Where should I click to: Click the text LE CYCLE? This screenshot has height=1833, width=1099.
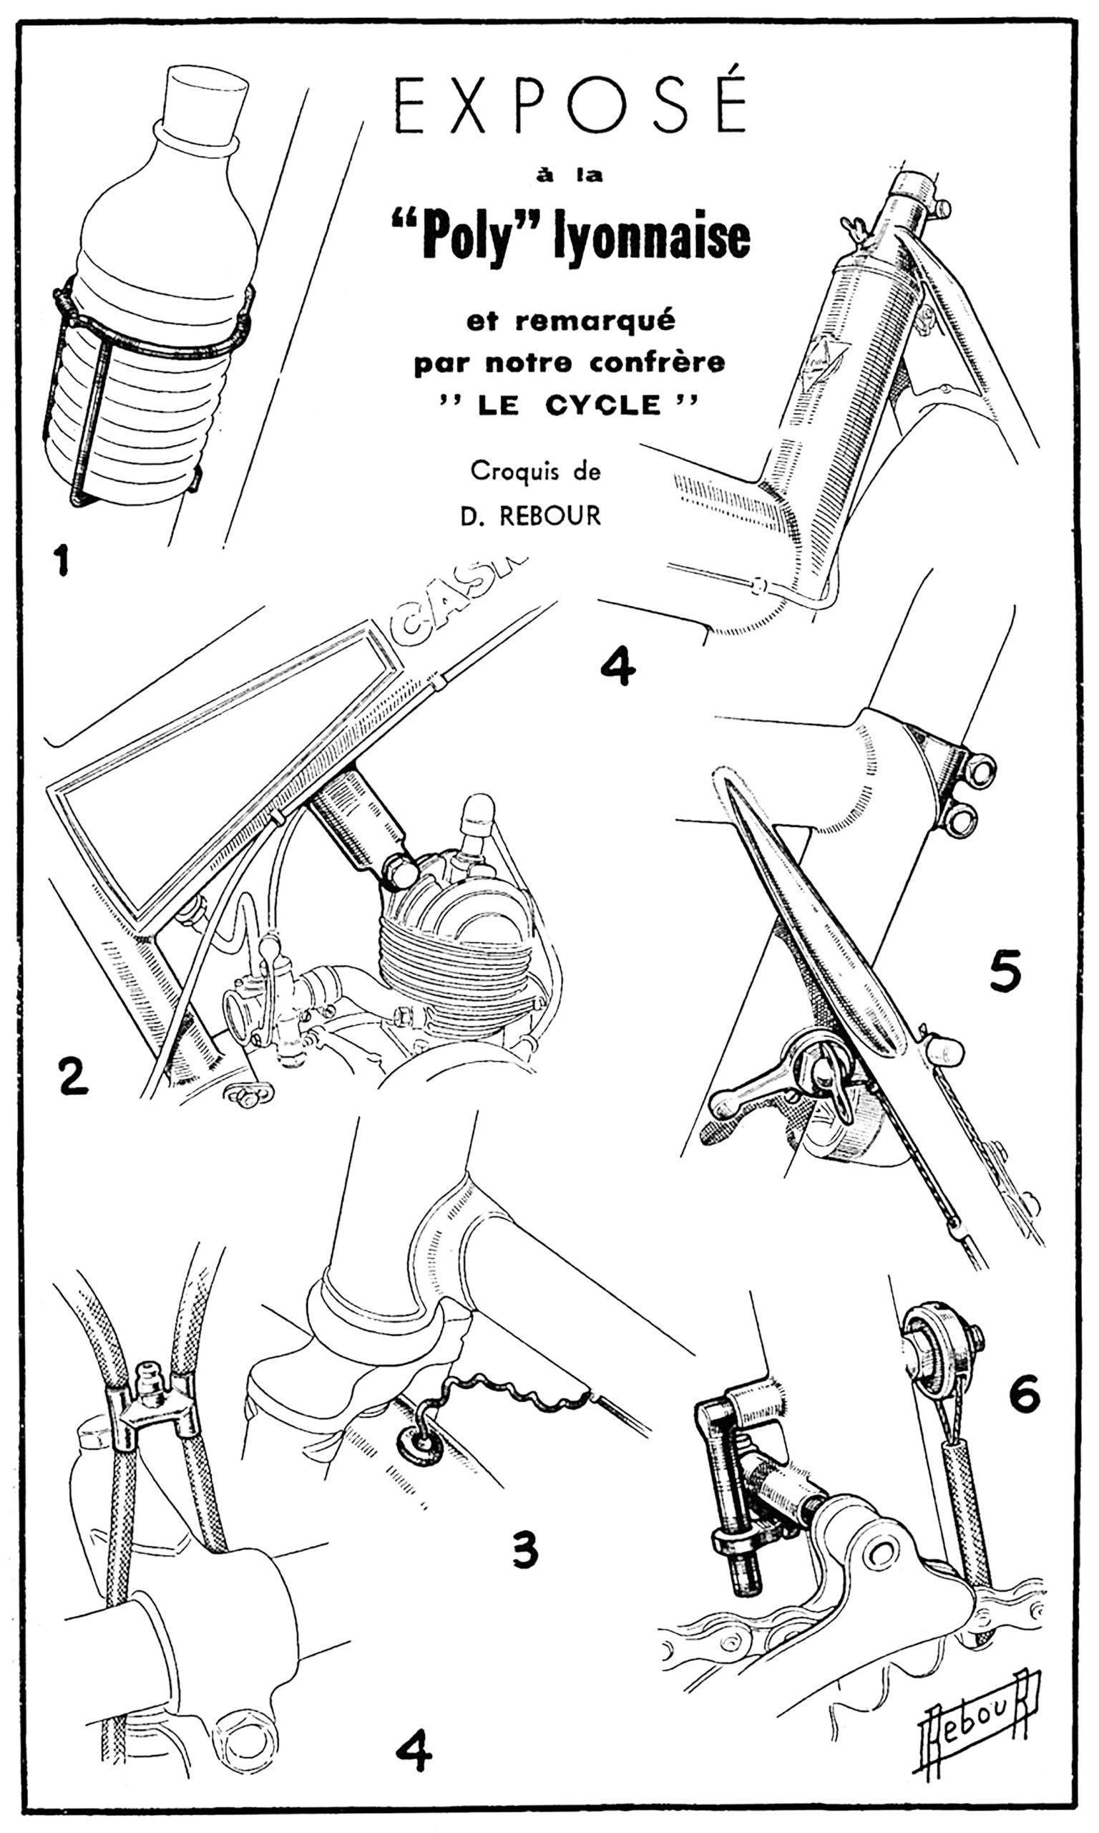coord(570,405)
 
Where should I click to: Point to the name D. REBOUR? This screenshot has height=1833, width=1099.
coord(530,516)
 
